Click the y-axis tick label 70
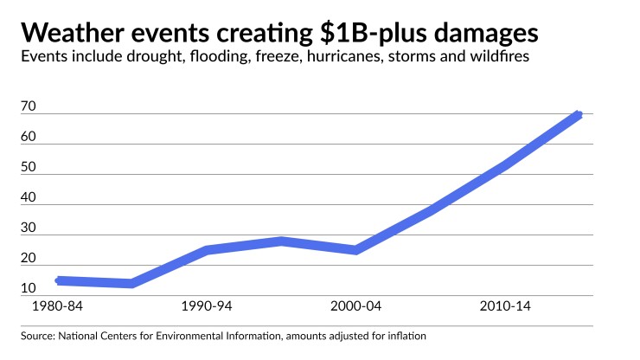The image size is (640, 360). tap(29, 106)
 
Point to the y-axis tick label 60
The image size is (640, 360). tap(29, 137)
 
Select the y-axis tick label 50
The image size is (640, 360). tap(29, 167)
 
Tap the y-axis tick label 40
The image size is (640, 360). tap(29, 197)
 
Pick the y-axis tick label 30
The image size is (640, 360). tap(29, 228)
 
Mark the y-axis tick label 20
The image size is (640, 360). tap(29, 258)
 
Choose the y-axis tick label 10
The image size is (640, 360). tap(29, 288)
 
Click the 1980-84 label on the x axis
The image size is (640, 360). tap(57, 307)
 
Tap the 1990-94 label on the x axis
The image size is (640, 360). tap(207, 307)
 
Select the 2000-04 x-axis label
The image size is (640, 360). tap(355, 307)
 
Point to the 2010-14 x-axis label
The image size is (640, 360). tap(504, 307)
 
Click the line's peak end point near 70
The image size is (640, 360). tap(579, 114)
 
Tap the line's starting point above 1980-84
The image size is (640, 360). tap(58, 280)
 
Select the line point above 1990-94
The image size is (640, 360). tap(207, 250)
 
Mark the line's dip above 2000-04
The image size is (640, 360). tap(355, 250)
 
